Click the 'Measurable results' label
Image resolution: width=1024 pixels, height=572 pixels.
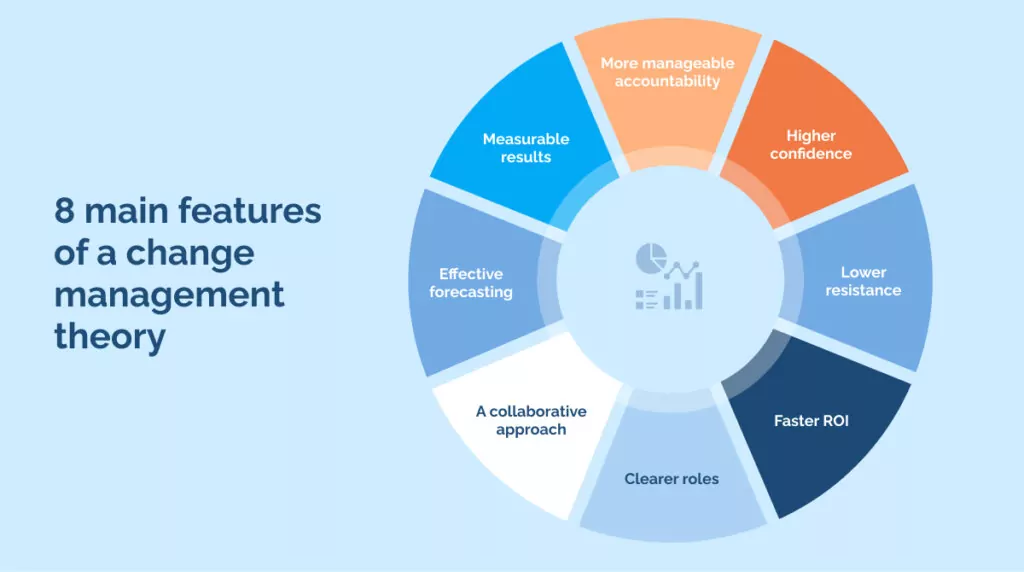tap(525, 147)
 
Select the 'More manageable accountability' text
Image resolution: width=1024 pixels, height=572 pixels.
tap(667, 72)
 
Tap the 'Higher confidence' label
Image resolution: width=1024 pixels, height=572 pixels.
tap(810, 144)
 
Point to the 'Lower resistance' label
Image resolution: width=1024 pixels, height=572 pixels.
tap(863, 281)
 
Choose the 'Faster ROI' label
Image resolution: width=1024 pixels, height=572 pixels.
tap(810, 420)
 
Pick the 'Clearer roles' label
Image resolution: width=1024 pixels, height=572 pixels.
tap(671, 478)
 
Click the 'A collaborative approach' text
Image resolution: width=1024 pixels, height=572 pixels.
tap(531, 420)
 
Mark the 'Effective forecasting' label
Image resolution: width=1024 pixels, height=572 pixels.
tap(471, 283)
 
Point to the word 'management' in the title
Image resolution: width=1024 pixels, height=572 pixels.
tap(169, 295)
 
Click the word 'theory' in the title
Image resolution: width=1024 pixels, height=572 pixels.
tap(109, 337)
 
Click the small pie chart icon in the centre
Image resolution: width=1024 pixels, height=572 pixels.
tap(650, 258)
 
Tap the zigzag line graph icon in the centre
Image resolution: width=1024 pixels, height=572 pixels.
tap(683, 268)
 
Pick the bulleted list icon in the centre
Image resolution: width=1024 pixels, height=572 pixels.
tap(646, 298)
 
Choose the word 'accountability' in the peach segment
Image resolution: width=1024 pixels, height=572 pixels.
tap(667, 81)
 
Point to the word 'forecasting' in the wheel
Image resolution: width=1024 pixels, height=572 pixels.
tap(471, 292)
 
